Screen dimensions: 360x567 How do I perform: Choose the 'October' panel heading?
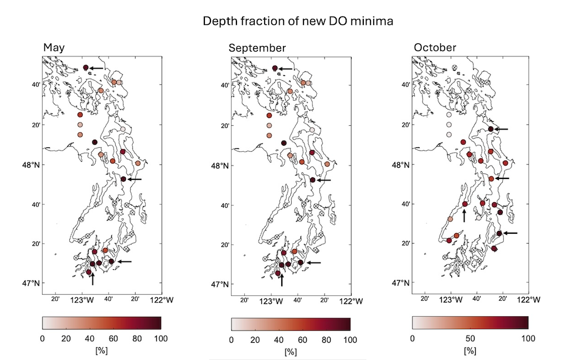coord(435,48)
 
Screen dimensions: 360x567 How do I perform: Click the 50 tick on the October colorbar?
coord(470,338)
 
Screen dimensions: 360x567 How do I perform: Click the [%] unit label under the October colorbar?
coord(470,351)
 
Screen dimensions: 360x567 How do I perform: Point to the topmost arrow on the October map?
coord(501,129)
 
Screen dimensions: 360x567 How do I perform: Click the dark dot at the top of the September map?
coord(275,68)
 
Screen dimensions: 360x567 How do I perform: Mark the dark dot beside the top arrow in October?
coord(491,129)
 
